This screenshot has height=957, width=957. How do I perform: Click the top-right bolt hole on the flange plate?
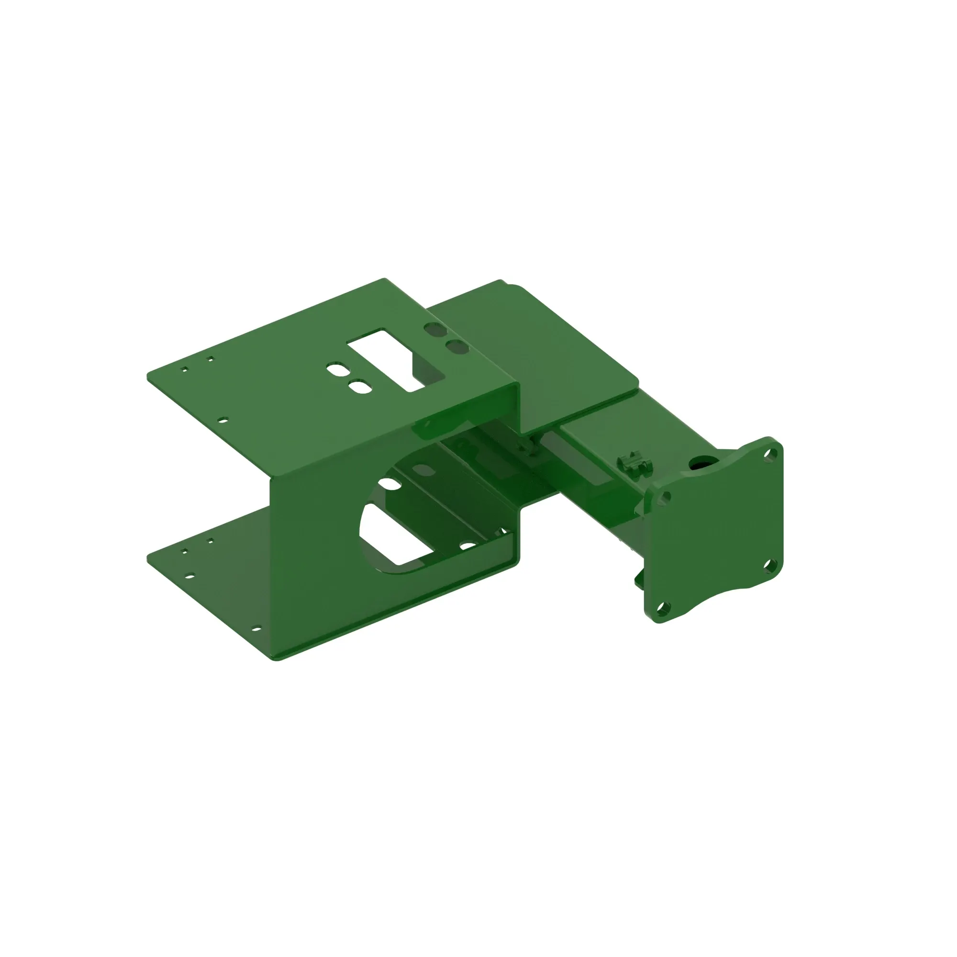(769, 454)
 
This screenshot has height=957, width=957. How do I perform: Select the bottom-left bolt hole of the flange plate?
(662, 607)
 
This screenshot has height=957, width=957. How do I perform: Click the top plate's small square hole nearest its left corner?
(185, 369)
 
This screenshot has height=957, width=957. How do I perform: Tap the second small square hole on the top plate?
(211, 358)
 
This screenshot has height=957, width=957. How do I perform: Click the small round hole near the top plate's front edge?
(223, 420)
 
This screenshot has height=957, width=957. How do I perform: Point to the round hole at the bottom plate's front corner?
(256, 629)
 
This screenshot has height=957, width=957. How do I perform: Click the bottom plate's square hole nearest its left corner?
(185, 551)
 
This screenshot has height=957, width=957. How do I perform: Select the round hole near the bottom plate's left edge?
(189, 576)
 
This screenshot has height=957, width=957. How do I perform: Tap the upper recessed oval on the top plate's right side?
(435, 329)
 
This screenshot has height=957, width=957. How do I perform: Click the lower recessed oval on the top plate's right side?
(456, 347)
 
